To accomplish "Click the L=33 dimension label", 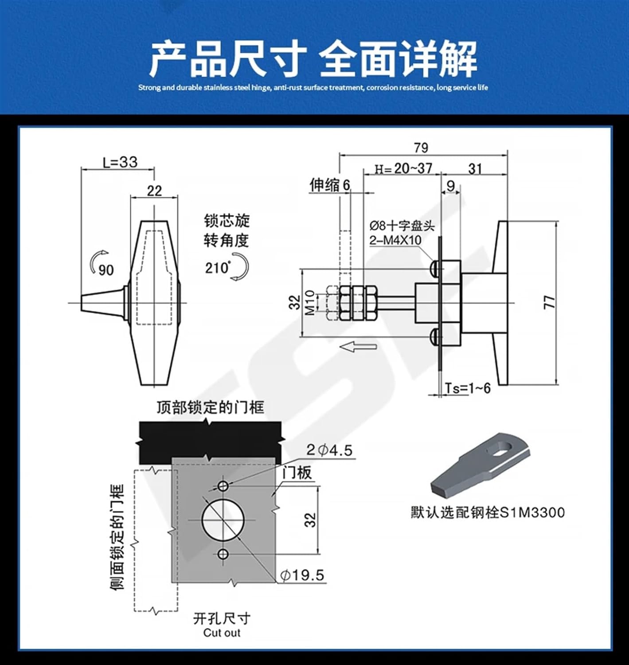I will (x=120, y=162).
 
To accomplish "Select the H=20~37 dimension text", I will (x=403, y=168).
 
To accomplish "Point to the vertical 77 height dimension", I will (x=549, y=302).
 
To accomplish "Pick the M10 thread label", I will (x=310, y=302).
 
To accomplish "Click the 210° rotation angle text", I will (x=218, y=268).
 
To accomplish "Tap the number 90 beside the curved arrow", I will (x=106, y=270).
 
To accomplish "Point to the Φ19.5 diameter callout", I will (x=302, y=575).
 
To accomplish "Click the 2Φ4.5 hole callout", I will (x=329, y=450).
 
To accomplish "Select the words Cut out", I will (x=222, y=633).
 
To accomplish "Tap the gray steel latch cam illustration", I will (x=479, y=466).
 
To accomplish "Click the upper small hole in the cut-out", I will (x=223, y=485).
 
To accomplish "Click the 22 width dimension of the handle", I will (x=154, y=191).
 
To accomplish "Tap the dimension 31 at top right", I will (x=475, y=168).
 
